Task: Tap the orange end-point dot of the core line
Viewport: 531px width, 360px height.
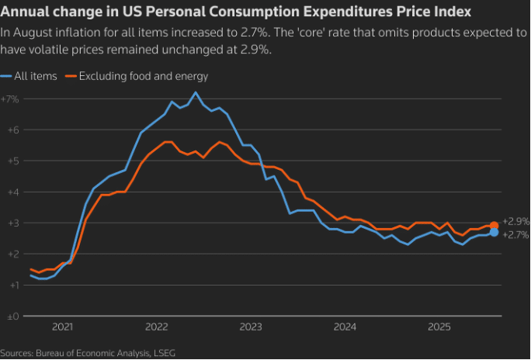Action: coord(494,225)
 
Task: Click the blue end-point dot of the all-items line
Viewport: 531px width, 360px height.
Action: coord(494,232)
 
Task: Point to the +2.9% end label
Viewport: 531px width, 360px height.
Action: coord(515,221)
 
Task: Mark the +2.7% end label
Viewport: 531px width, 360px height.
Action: coord(515,234)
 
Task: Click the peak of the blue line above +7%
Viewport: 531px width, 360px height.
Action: coord(195,92)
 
